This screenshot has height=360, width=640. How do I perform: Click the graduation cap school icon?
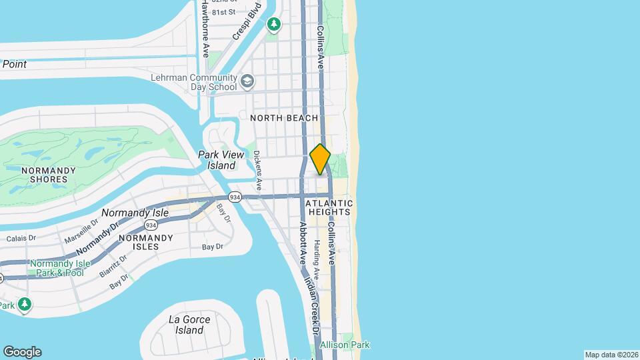248,81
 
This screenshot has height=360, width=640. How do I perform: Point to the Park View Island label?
217,160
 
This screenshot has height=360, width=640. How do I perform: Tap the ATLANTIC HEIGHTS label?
329,207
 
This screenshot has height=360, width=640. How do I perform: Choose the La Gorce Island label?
189,325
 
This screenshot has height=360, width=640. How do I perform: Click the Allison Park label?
345,345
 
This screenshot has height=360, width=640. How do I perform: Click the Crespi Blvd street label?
241,27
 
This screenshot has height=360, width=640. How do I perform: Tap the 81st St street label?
223,12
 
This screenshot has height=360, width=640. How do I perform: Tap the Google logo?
22,352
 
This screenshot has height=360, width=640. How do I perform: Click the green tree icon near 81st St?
274,24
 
